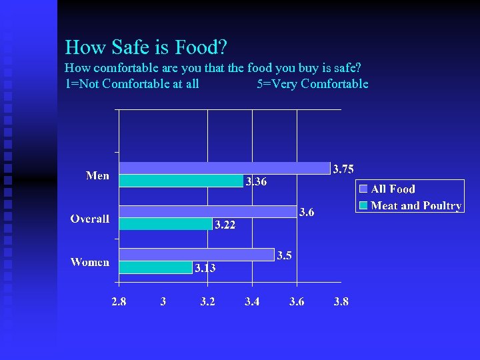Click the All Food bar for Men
[x=224, y=168]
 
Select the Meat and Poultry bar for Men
[x=181, y=181]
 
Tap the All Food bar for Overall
[x=207, y=211]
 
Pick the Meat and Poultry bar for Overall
[x=165, y=224]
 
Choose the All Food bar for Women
[x=196, y=255]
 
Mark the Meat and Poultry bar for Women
[x=155, y=267]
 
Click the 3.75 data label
[x=343, y=169]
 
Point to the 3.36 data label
[x=256, y=181]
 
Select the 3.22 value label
[x=225, y=225]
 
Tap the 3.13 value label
[x=205, y=268]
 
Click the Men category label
[x=97, y=175]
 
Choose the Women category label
[x=90, y=262]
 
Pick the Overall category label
[x=90, y=219]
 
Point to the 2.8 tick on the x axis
[x=119, y=301]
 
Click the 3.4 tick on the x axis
[x=252, y=301]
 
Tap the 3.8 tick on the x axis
[x=341, y=301]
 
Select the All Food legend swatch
[x=363, y=189]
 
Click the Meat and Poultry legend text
[x=416, y=206]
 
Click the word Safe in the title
[x=134, y=47]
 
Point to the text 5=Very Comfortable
[x=312, y=84]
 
